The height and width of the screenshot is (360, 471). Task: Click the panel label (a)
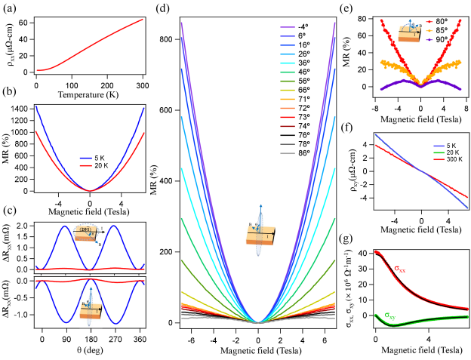click(x=8, y=9)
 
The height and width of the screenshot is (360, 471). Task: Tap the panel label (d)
click(x=161, y=8)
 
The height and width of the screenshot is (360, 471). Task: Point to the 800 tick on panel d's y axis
click(x=173, y=37)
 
